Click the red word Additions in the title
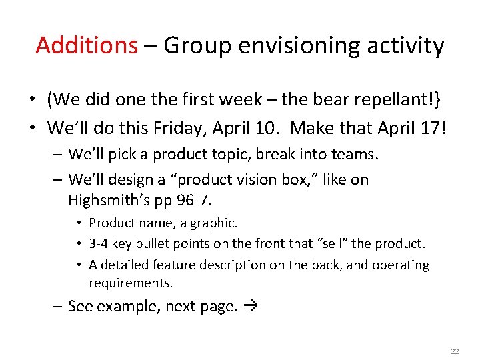(86, 45)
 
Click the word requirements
(130, 282)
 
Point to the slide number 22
(455, 351)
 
